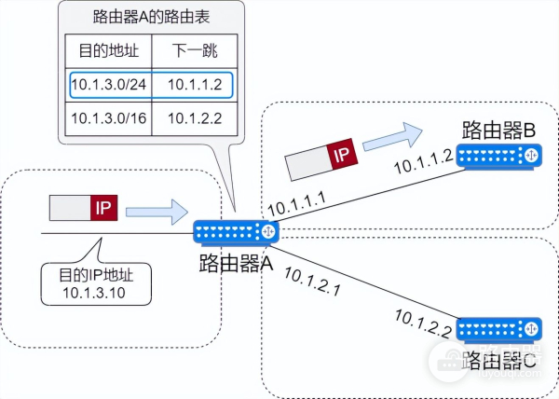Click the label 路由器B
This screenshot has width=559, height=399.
[x=500, y=130]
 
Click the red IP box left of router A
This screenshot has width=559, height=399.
[x=102, y=208]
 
